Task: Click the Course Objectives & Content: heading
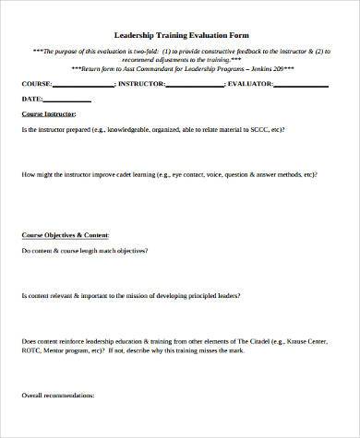tap(67, 235)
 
